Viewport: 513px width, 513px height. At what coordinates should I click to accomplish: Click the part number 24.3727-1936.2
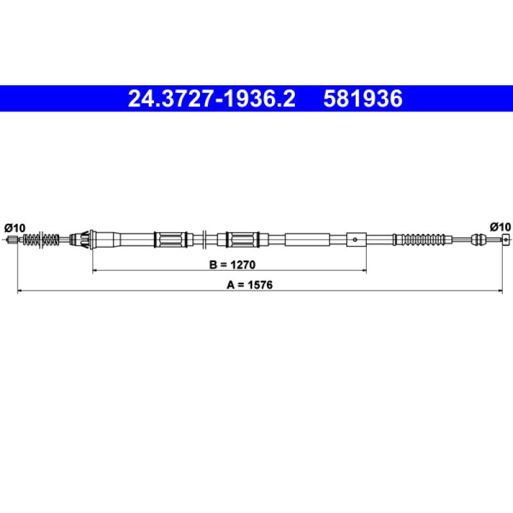(212, 99)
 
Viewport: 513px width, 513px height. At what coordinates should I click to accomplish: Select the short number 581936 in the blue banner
(363, 99)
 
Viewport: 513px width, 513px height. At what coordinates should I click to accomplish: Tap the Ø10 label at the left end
(15, 228)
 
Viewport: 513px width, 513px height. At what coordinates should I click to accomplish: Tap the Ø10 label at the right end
(500, 226)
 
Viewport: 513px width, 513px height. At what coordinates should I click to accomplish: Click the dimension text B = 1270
(232, 264)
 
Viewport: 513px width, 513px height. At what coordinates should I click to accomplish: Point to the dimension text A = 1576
(249, 285)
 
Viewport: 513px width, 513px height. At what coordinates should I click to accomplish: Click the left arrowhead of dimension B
(95, 271)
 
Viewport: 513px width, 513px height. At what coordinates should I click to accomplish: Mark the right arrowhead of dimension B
(364, 271)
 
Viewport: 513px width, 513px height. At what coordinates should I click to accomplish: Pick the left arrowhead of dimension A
(20, 290)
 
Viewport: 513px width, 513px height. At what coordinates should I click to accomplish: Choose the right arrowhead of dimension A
(500, 290)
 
